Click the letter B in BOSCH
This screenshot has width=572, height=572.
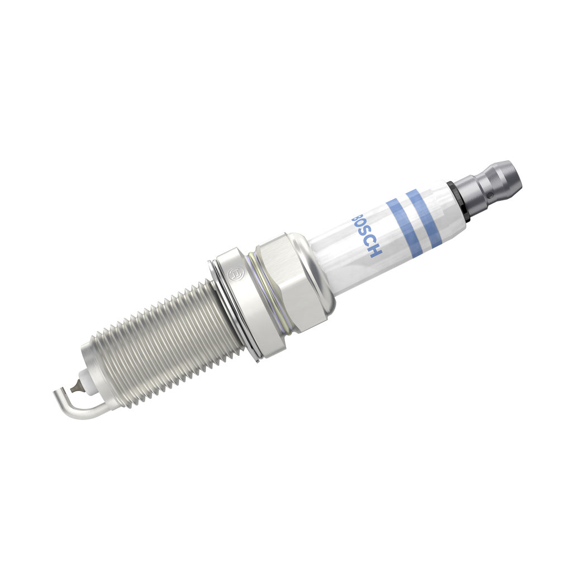[x=355, y=219]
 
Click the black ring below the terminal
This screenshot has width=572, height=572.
[x=458, y=202]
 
